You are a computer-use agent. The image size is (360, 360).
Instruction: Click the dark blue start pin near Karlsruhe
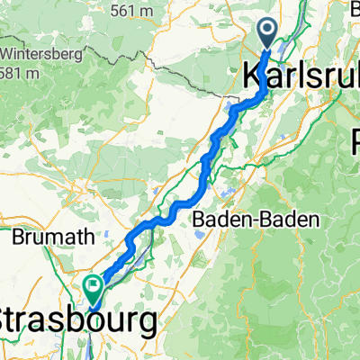click(269, 33)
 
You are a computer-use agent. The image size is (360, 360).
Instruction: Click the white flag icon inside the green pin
click(94, 285)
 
